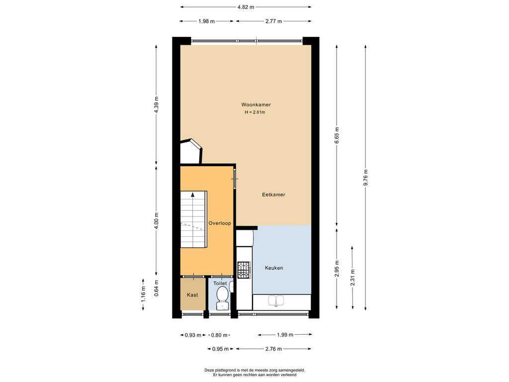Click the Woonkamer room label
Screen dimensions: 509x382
pyautogui.click(x=256, y=104)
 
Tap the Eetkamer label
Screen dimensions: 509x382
pyautogui.click(x=274, y=194)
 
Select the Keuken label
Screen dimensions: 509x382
pyautogui.click(x=274, y=268)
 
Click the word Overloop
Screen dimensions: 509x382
pyautogui.click(x=220, y=223)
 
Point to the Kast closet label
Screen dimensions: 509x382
pyautogui.click(x=192, y=295)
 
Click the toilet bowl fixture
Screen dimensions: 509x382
pyautogui.click(x=222, y=295)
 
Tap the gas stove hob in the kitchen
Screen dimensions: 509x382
pyautogui.click(x=244, y=270)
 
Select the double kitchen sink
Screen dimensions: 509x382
pyautogui.click(x=276, y=301)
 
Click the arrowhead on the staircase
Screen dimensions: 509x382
pyautogui.click(x=193, y=194)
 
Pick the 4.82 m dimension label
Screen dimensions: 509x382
pyautogui.click(x=246, y=7)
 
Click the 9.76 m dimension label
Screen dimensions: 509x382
pyautogui.click(x=365, y=178)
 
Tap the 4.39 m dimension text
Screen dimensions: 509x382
pyautogui.click(x=157, y=105)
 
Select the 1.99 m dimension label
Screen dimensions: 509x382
pyautogui.click(x=285, y=335)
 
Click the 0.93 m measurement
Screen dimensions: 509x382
pyautogui.click(x=193, y=335)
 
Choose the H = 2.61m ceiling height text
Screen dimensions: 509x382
pyautogui.click(x=255, y=112)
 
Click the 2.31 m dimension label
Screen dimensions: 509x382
pyautogui.click(x=352, y=278)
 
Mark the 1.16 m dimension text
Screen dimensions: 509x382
pyautogui.click(x=143, y=294)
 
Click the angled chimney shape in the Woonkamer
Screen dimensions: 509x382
pyautogui.click(x=191, y=151)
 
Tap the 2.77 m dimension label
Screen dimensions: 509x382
pyautogui.click(x=274, y=21)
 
